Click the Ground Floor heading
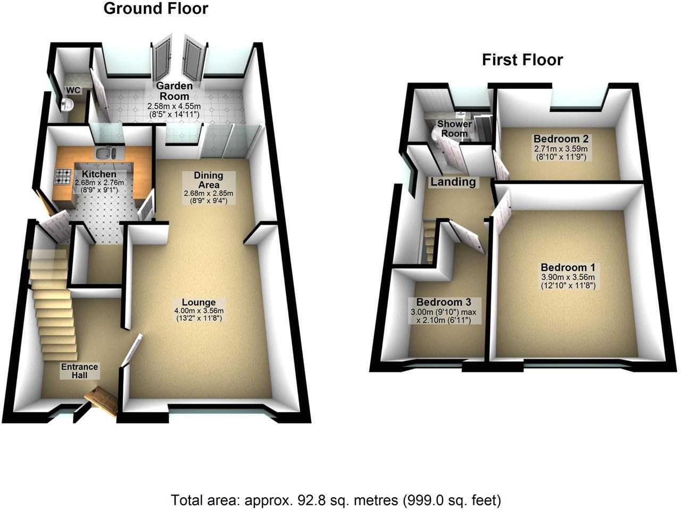click(155, 9)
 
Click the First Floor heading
click(522, 60)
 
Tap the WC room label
click(73, 90)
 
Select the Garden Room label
click(175, 91)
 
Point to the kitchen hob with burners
click(63, 176)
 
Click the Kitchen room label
click(99, 174)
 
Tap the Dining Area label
click(208, 180)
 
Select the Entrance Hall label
click(79, 371)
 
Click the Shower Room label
click(454, 128)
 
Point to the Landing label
click(453, 182)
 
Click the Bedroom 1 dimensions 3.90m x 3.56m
click(568, 277)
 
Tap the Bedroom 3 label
click(443, 302)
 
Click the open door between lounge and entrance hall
click(131, 350)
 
